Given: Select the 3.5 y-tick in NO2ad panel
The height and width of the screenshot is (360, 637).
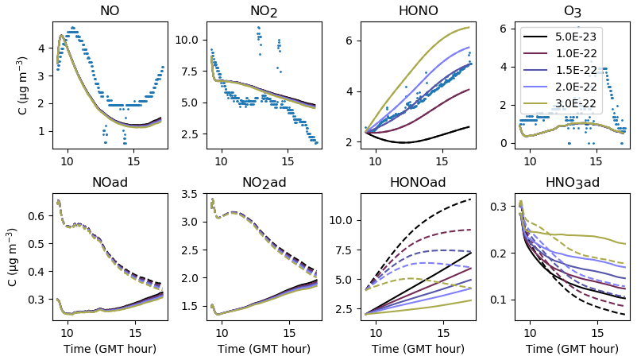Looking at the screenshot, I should [195, 194].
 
